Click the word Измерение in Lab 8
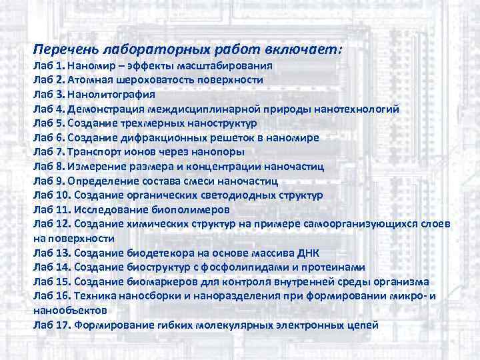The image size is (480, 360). [99, 167]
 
